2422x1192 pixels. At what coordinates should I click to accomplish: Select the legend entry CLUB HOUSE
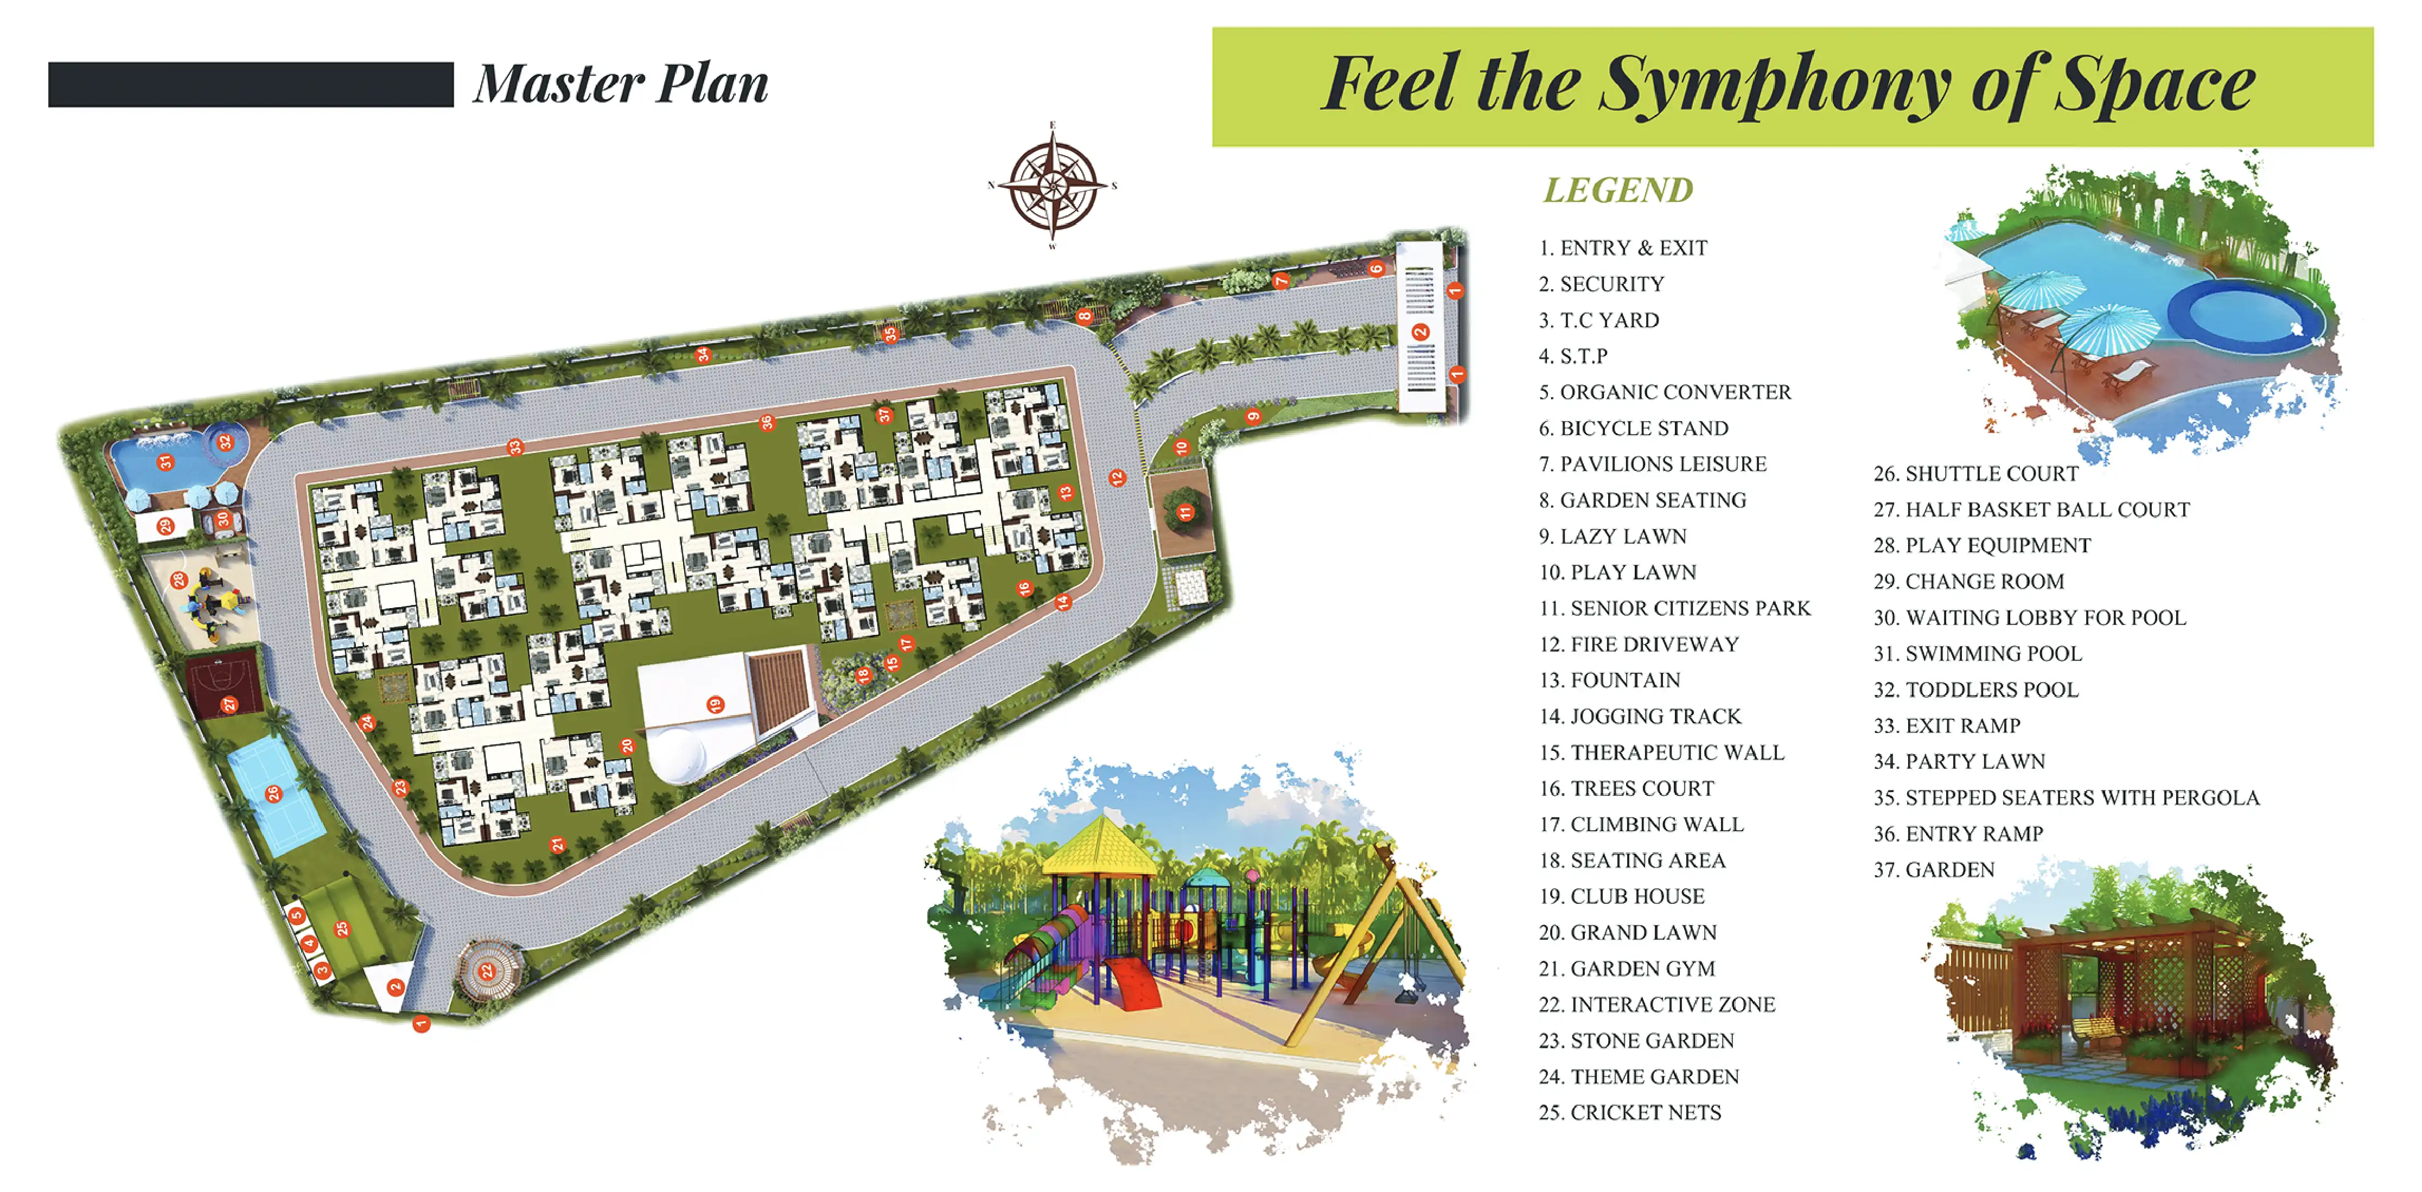click(1622, 896)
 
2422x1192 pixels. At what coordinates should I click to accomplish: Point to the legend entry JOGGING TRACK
click(1641, 716)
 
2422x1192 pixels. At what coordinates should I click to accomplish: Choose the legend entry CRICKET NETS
click(1630, 1112)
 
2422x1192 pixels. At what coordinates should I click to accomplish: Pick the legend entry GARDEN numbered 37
click(1934, 870)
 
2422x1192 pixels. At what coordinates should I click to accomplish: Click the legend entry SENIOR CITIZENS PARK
click(1674, 608)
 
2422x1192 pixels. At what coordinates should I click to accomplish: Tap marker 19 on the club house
click(716, 704)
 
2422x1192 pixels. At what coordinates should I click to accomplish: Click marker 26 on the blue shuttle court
click(273, 793)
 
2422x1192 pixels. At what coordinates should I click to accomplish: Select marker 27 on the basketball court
click(228, 704)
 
